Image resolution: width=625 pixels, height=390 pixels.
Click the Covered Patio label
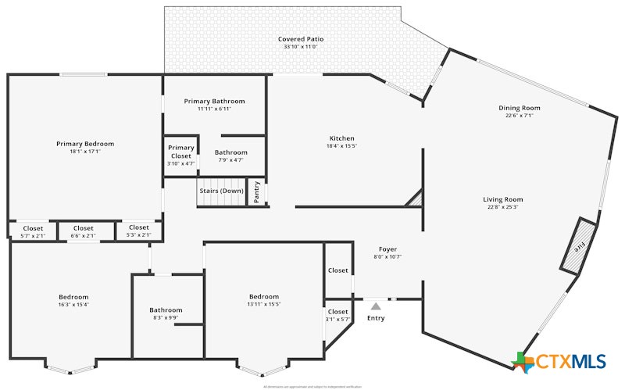pyautogui.click(x=301, y=39)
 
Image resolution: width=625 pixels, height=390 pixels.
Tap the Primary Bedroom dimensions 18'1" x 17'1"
pyautogui.click(x=85, y=152)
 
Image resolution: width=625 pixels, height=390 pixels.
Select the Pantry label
pyautogui.click(x=258, y=192)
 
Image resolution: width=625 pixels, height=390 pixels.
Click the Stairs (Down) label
pyautogui.click(x=221, y=191)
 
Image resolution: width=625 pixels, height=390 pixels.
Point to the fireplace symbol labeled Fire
pyautogui.click(x=580, y=246)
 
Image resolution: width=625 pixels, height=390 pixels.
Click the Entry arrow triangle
pyautogui.click(x=376, y=306)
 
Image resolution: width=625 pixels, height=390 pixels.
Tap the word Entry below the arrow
pyautogui.click(x=376, y=318)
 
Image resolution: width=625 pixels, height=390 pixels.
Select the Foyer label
pyautogui.click(x=388, y=249)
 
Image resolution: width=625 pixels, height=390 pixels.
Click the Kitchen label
pyautogui.click(x=341, y=138)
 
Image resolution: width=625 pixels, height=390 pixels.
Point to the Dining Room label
pyautogui.click(x=520, y=108)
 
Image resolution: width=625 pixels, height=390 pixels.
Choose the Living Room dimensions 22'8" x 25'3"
pyautogui.click(x=502, y=207)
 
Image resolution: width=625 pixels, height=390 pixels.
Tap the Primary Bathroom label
pyautogui.click(x=214, y=102)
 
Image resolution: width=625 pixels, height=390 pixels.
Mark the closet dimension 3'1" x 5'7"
pyautogui.click(x=337, y=319)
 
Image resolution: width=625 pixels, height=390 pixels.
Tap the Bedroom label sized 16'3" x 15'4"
pyautogui.click(x=73, y=297)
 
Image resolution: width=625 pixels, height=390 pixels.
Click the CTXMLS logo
pyautogui.click(x=560, y=360)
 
